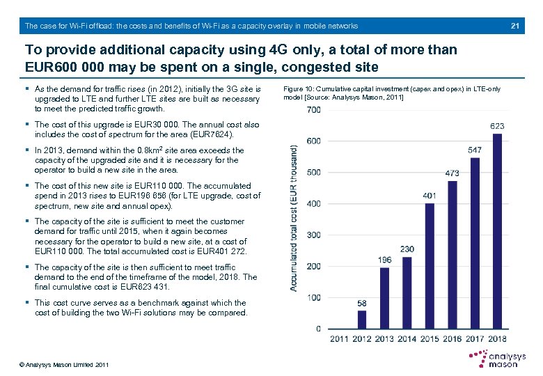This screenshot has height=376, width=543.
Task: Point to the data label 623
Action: coord(497,126)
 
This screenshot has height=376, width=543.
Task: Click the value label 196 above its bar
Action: coord(384,260)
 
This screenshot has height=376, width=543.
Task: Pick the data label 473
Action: coord(452,173)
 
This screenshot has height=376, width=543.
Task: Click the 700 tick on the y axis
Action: coord(313,110)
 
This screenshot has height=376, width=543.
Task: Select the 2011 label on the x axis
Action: coord(339,339)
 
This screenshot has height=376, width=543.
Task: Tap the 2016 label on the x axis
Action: coord(452,339)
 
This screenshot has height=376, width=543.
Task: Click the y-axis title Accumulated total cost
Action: coord(295,218)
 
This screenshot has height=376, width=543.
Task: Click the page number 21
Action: coord(516,26)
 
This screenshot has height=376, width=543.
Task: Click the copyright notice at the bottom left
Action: coord(65,365)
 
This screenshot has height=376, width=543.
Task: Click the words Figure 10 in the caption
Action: coord(300,89)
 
